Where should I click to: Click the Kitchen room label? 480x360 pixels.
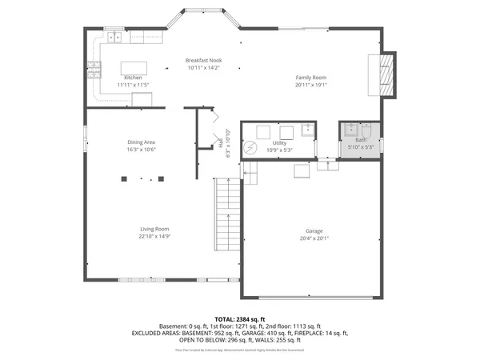coord(133,77)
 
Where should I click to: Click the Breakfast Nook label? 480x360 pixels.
coord(203,60)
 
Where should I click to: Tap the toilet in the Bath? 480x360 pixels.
coord(366,130)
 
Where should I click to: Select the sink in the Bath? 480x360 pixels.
coord(350,129)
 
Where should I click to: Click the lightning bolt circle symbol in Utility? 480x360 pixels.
coord(250,150)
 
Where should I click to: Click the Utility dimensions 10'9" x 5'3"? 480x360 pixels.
coord(279,150)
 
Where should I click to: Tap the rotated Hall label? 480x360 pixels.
coord(221,143)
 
